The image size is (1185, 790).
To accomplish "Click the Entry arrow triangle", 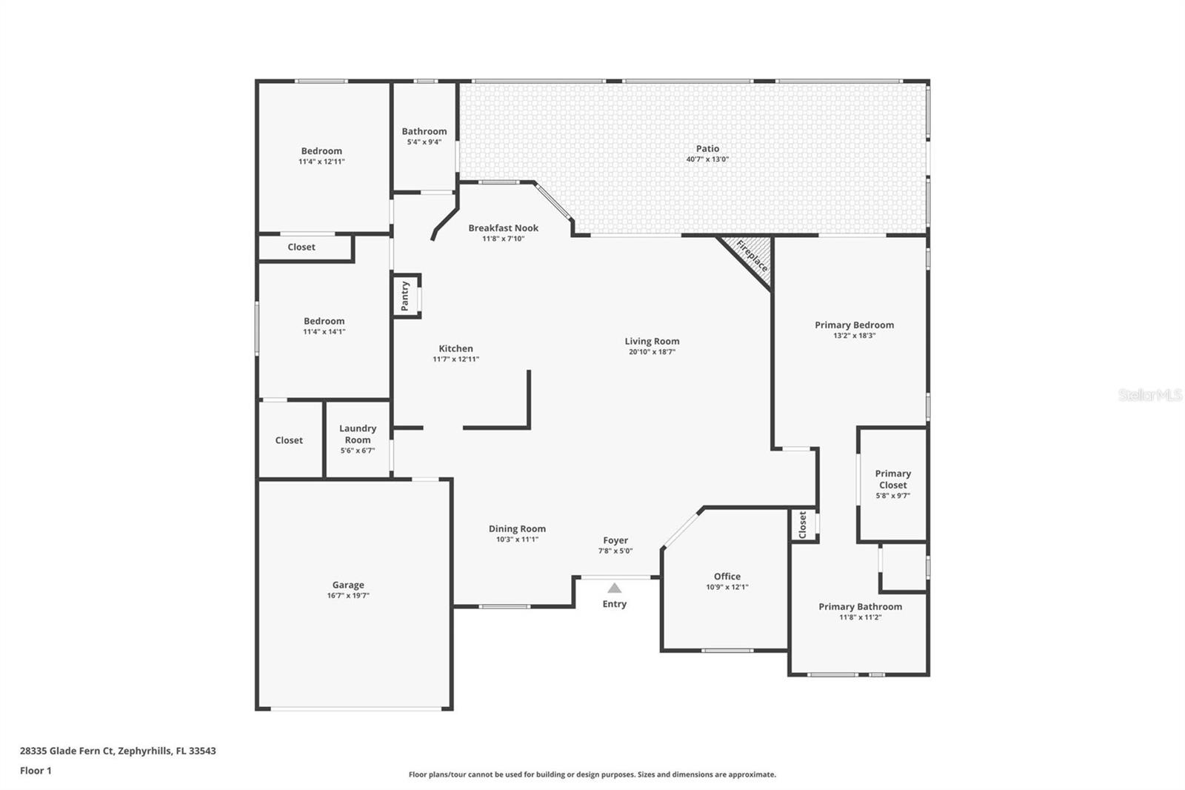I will pos(614,588).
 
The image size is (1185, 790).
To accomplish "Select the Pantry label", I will pos(405,296).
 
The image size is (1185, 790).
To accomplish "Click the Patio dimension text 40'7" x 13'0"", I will pos(707,159).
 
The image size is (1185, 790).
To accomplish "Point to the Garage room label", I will pos(347,585).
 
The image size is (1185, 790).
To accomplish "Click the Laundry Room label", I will pos(358,434).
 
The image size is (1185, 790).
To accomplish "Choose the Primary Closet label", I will pos(892,479).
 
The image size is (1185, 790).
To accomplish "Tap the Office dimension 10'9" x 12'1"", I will pos(727,587).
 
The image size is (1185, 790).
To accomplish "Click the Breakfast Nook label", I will pos(503,228).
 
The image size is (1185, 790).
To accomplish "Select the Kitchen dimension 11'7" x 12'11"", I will pos(455,359).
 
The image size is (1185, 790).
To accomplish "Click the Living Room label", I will pos(652,341).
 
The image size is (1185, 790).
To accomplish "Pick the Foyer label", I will pos(615,540).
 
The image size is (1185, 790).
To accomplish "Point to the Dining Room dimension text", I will pos(517,540).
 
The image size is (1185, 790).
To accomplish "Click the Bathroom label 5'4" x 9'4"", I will pos(424,131).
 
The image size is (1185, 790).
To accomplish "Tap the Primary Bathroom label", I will pos(860,606).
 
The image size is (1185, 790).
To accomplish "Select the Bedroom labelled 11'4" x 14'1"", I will pos(324,321).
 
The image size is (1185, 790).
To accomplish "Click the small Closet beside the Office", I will pos(803,525).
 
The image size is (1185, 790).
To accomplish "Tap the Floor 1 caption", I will pos(36,771).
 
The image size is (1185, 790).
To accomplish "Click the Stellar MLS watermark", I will pos(1149,395).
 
